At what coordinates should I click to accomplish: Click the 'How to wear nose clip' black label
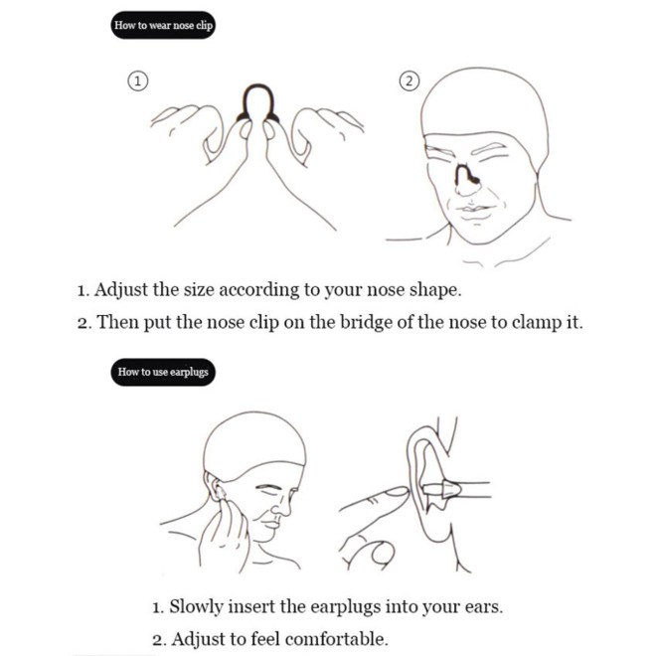point(163,25)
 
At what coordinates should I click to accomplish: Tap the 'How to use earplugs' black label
point(163,372)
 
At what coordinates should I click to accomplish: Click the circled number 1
point(137,81)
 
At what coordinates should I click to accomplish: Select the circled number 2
point(410,81)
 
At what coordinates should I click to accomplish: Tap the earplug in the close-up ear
point(441,489)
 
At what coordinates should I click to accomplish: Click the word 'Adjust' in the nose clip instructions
point(120,290)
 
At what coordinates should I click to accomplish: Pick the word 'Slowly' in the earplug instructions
point(196,607)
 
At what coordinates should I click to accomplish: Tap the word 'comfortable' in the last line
point(336,639)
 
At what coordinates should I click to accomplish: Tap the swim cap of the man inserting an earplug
point(253,439)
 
